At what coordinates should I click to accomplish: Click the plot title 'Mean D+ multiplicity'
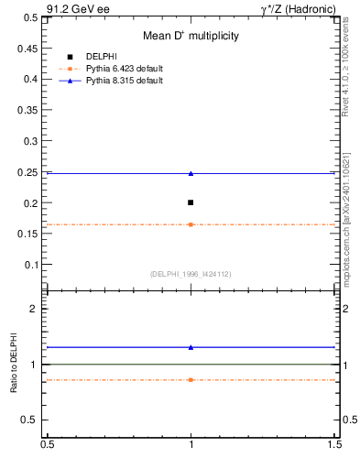(x=191, y=36)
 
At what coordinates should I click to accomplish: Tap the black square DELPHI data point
(x=191, y=202)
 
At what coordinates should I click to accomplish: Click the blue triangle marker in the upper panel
(x=191, y=173)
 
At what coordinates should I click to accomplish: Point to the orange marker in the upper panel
(x=191, y=224)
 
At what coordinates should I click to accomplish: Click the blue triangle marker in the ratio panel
(x=191, y=347)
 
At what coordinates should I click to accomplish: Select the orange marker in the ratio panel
(x=191, y=379)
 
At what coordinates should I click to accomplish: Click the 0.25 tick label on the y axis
(x=30, y=172)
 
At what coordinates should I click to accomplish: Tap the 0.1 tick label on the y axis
(x=33, y=265)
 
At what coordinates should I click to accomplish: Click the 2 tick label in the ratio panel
(x=38, y=309)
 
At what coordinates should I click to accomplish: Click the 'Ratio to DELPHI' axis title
(x=14, y=364)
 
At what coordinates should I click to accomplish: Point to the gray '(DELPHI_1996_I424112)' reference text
(x=191, y=274)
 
